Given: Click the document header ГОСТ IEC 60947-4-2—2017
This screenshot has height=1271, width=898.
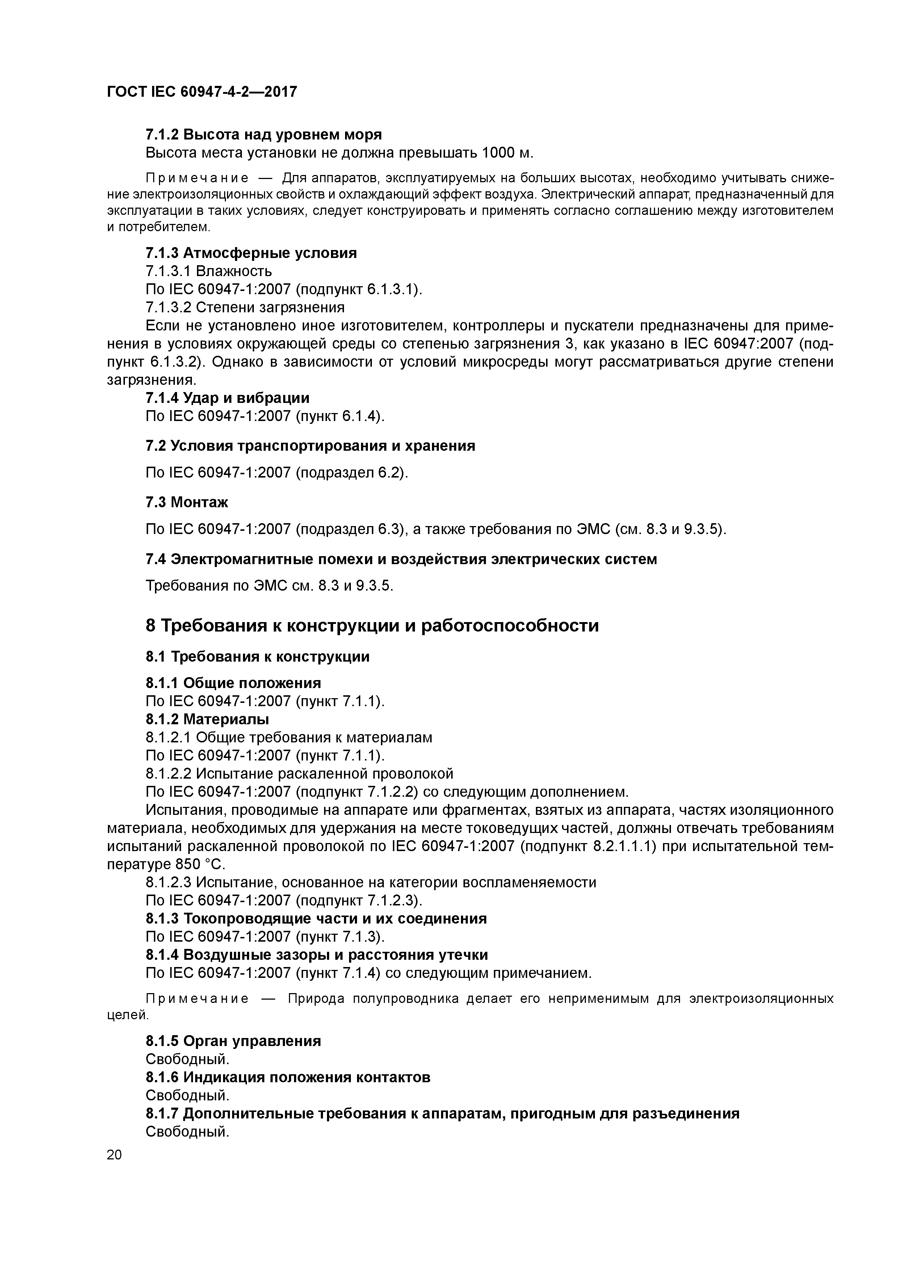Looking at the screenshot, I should point(202,91).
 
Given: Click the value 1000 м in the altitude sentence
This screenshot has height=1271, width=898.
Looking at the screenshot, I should point(506,153).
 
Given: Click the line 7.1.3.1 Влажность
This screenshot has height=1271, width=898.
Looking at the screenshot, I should point(209,271).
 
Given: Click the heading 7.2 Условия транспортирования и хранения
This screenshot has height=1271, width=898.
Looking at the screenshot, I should point(310,446).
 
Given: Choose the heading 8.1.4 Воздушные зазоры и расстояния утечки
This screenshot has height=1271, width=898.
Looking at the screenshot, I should point(316,955).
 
